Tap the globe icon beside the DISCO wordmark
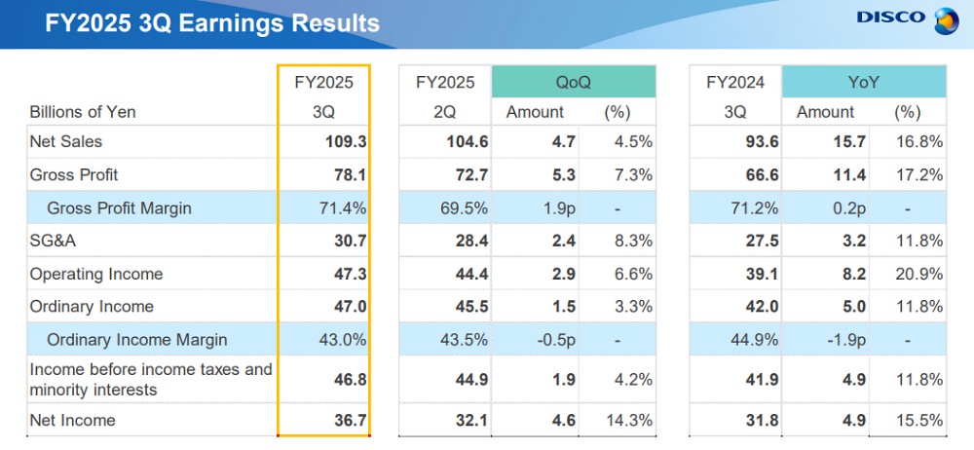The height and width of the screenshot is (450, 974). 946,19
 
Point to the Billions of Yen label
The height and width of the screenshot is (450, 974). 83,112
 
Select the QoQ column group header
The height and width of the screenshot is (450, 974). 573,83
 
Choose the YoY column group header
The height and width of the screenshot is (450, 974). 863,83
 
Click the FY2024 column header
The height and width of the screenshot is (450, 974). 735,83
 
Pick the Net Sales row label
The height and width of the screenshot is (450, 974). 66,142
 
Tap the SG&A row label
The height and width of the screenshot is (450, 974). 55,241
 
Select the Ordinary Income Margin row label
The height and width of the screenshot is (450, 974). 136,340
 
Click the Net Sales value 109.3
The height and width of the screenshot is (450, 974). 346,142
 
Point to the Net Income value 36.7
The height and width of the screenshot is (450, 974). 350,421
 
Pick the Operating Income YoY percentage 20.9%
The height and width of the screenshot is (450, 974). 919,275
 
